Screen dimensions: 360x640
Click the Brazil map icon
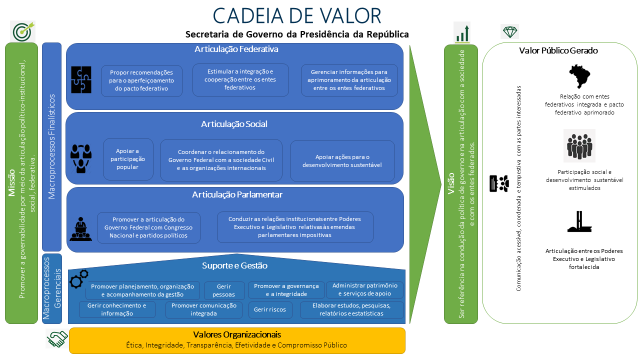coord(579,76)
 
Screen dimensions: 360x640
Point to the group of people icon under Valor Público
coord(579,146)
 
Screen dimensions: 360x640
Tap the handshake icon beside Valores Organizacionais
coord(57,339)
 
